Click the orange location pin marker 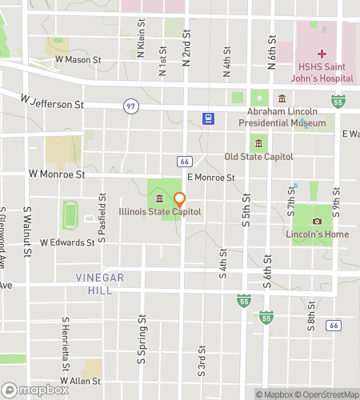point(180,201)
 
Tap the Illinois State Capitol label point(160,212)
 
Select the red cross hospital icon point(322,54)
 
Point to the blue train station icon point(208,118)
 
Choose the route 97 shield point(130,106)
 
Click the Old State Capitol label point(258,157)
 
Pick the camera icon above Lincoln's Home point(318,221)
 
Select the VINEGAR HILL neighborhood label point(100,283)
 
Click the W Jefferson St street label point(52,102)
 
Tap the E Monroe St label point(210,178)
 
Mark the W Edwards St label point(67,242)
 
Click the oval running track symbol point(70,215)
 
